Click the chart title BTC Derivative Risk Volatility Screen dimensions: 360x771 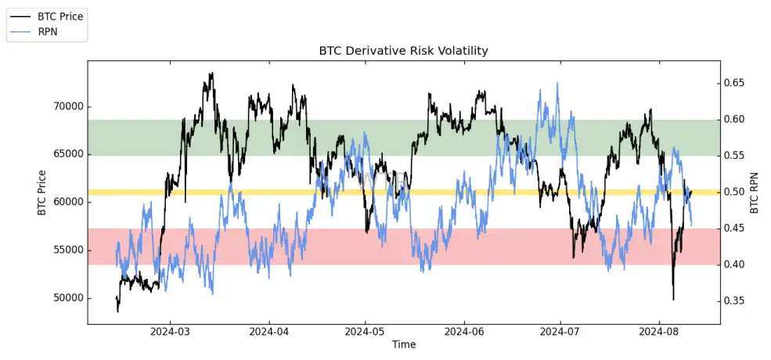click(x=403, y=51)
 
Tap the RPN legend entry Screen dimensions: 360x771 click(x=48, y=31)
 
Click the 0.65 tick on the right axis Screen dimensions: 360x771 click(x=737, y=83)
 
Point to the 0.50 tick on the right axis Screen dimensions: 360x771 click(x=737, y=192)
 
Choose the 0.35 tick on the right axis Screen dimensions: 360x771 click(x=737, y=301)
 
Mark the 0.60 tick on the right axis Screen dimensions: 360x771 click(x=737, y=120)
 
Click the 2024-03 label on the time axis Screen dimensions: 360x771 click(x=171, y=332)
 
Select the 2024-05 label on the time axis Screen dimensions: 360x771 click(x=366, y=332)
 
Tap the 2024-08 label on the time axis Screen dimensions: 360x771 click(x=659, y=332)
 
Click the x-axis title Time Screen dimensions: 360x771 click(x=404, y=344)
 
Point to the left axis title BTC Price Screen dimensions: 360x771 click(x=41, y=192)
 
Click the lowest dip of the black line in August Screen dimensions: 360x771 click(x=673, y=299)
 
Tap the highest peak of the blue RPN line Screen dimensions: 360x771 click(x=557, y=83)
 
